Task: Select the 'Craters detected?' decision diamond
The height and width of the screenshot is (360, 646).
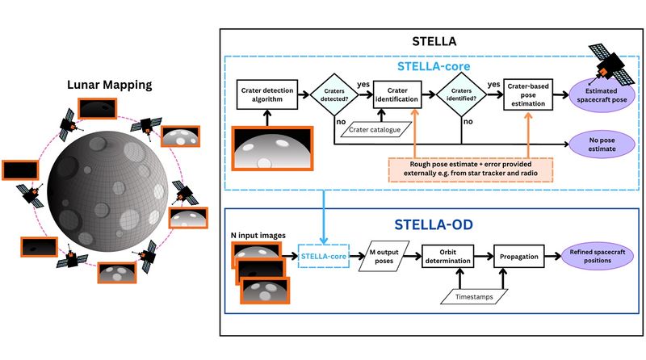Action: (x=333, y=94)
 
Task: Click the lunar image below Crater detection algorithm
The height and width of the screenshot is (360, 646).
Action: (x=267, y=150)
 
